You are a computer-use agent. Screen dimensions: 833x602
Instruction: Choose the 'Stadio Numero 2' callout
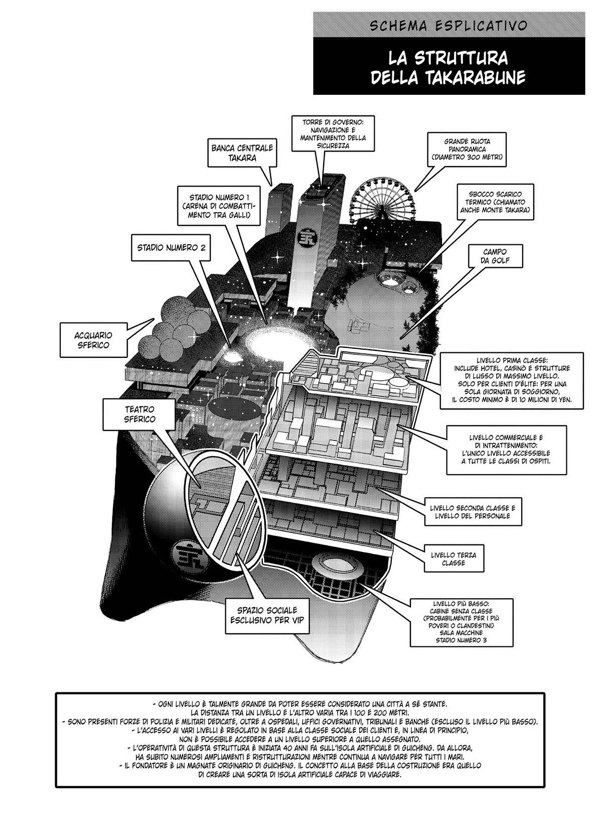coord(171,247)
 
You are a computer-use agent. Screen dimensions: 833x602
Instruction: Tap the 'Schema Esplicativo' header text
coord(449,25)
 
